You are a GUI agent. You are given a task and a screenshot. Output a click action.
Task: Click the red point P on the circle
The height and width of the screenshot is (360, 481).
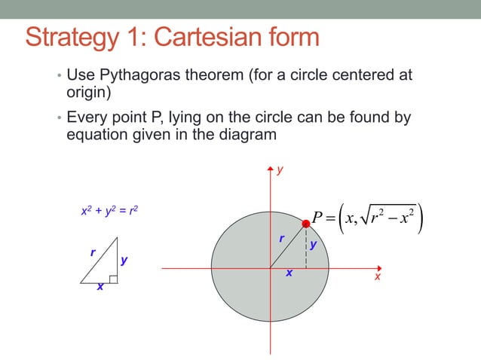306,224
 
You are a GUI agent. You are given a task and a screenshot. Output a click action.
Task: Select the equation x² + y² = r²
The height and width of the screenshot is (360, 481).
109,212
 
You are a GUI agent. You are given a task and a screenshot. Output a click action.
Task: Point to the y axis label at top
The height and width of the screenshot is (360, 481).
280,171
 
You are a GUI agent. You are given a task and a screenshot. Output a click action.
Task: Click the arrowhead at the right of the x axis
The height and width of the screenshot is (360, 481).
376,267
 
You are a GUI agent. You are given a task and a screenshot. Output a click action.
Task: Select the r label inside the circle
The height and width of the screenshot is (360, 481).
281,239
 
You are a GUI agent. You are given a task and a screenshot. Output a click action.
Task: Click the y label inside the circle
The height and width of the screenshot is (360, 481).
312,246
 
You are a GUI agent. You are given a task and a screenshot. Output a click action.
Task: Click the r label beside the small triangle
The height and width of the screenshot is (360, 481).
93,253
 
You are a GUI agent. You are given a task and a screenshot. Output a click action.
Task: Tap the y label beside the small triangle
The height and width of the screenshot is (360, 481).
124,261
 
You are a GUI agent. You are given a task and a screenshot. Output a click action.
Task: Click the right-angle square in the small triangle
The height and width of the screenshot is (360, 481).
112,279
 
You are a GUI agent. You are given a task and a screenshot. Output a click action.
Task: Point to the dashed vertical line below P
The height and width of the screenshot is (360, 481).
306,249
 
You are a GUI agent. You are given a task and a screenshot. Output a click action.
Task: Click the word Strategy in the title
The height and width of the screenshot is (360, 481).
69,38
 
